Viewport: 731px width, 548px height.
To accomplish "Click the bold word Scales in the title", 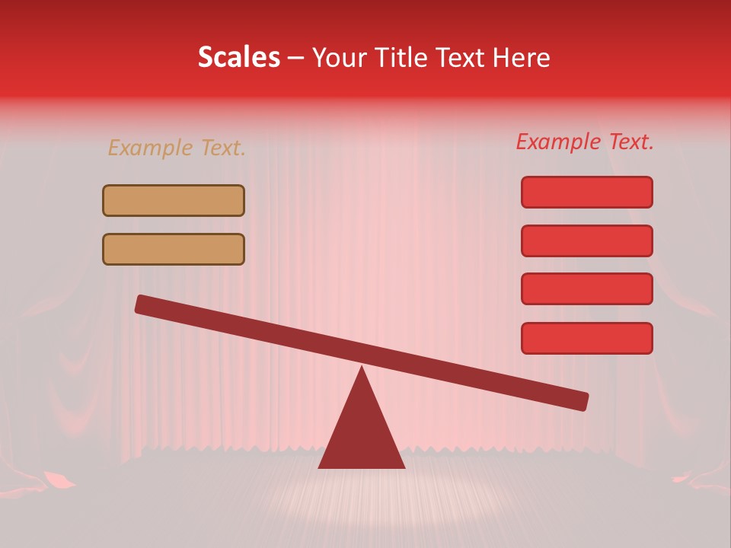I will [238, 58].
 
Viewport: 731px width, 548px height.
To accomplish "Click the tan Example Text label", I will [177, 148].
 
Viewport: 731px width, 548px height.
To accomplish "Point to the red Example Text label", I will [585, 142].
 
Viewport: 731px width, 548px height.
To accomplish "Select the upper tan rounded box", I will [174, 201].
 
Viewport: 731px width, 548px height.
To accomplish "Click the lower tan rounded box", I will [174, 249].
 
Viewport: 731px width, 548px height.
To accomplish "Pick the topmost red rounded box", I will [586, 192].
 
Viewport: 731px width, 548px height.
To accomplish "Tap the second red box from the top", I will [586, 241].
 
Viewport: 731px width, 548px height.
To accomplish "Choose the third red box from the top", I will [586, 289].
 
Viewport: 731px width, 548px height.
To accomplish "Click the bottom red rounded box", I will [586, 338].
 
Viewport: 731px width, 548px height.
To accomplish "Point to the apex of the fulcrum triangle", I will [362, 368].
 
